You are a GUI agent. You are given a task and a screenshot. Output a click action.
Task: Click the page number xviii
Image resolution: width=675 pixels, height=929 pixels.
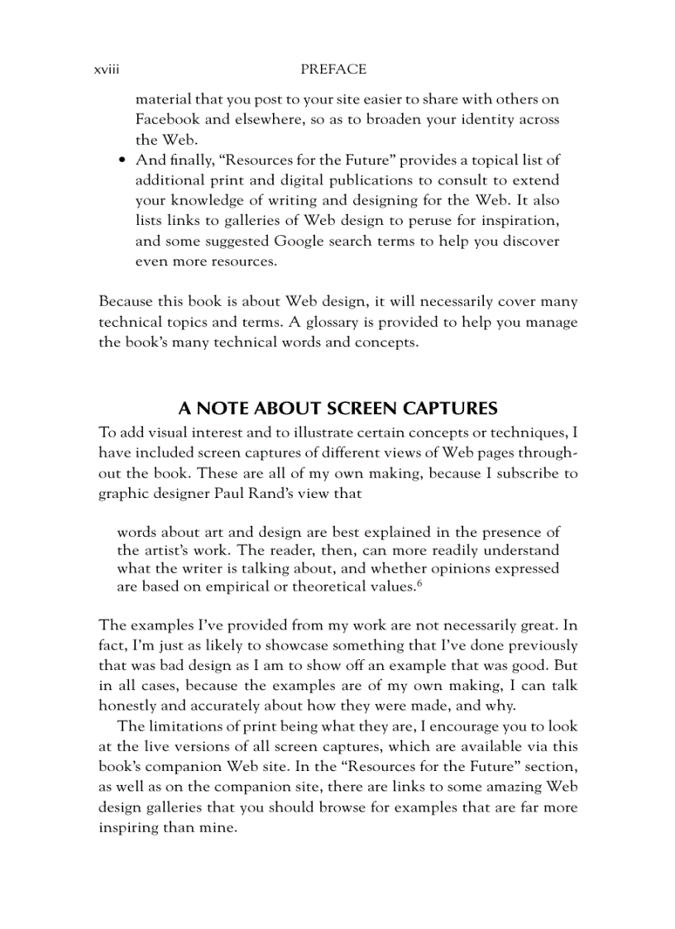coord(108,70)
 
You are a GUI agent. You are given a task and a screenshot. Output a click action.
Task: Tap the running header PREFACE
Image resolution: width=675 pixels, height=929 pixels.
coord(333,70)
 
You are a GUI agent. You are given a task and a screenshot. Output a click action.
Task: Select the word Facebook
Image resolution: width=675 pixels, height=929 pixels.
coord(169,119)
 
